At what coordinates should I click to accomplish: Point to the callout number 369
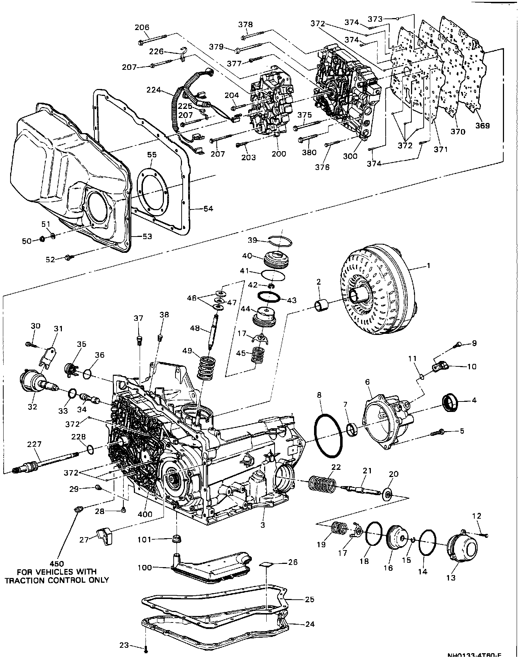tap(482, 126)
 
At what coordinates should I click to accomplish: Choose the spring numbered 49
tap(206, 367)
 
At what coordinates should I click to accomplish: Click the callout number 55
tap(152, 154)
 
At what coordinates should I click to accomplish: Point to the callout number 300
tap(350, 156)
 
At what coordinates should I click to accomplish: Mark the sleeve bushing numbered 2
tap(322, 304)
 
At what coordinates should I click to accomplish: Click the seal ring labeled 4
tap(451, 401)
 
